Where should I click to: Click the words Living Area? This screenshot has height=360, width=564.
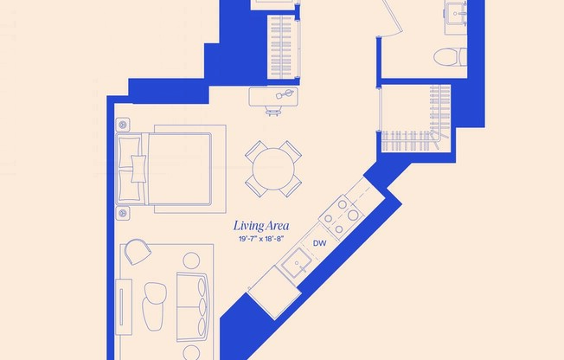tap(260, 226)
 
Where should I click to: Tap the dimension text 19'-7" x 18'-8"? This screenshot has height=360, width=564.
tap(263, 239)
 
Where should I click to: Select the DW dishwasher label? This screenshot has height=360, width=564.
tap(319, 244)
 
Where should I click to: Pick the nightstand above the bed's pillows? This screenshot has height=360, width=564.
tap(121, 122)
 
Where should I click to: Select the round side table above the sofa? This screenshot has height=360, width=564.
tap(190, 260)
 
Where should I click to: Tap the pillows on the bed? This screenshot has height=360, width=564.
tap(133, 160)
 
